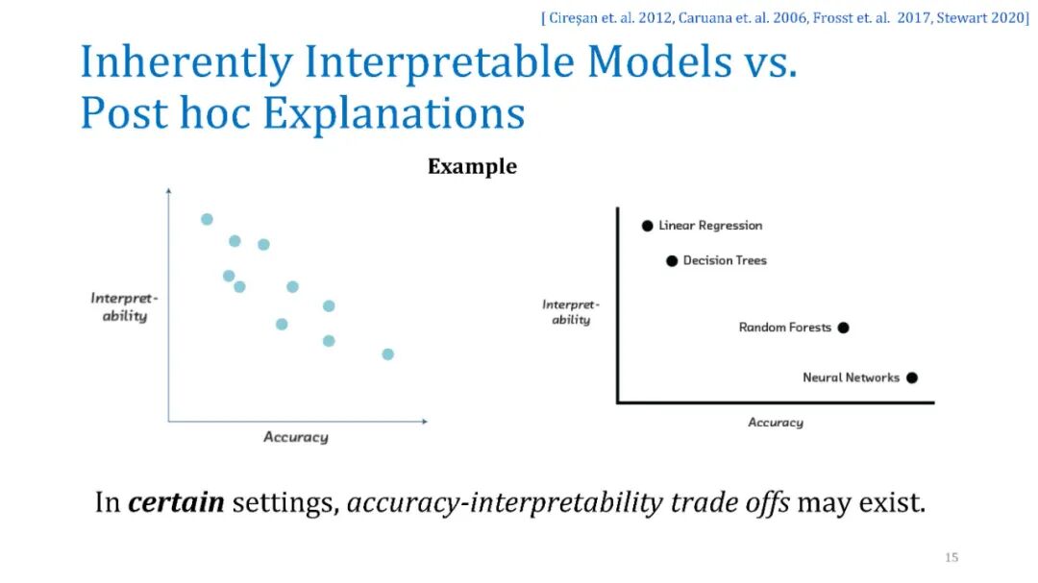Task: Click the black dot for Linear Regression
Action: (x=648, y=226)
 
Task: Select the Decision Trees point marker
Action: (x=672, y=260)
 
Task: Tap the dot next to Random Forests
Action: (x=844, y=328)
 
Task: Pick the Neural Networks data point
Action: (x=912, y=377)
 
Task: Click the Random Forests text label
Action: (x=784, y=328)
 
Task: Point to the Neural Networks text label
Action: (x=851, y=377)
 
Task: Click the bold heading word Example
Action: (x=472, y=167)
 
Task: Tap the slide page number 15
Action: (x=951, y=557)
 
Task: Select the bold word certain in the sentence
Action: (x=176, y=502)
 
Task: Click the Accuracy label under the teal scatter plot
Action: (x=296, y=437)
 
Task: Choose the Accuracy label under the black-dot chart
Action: (x=776, y=423)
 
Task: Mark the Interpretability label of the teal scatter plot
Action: (x=124, y=307)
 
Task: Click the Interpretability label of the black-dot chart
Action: (x=571, y=312)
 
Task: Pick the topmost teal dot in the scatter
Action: (x=208, y=219)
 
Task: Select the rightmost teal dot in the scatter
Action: (x=388, y=354)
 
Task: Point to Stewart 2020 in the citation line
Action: (x=982, y=18)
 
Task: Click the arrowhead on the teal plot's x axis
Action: (x=425, y=421)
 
